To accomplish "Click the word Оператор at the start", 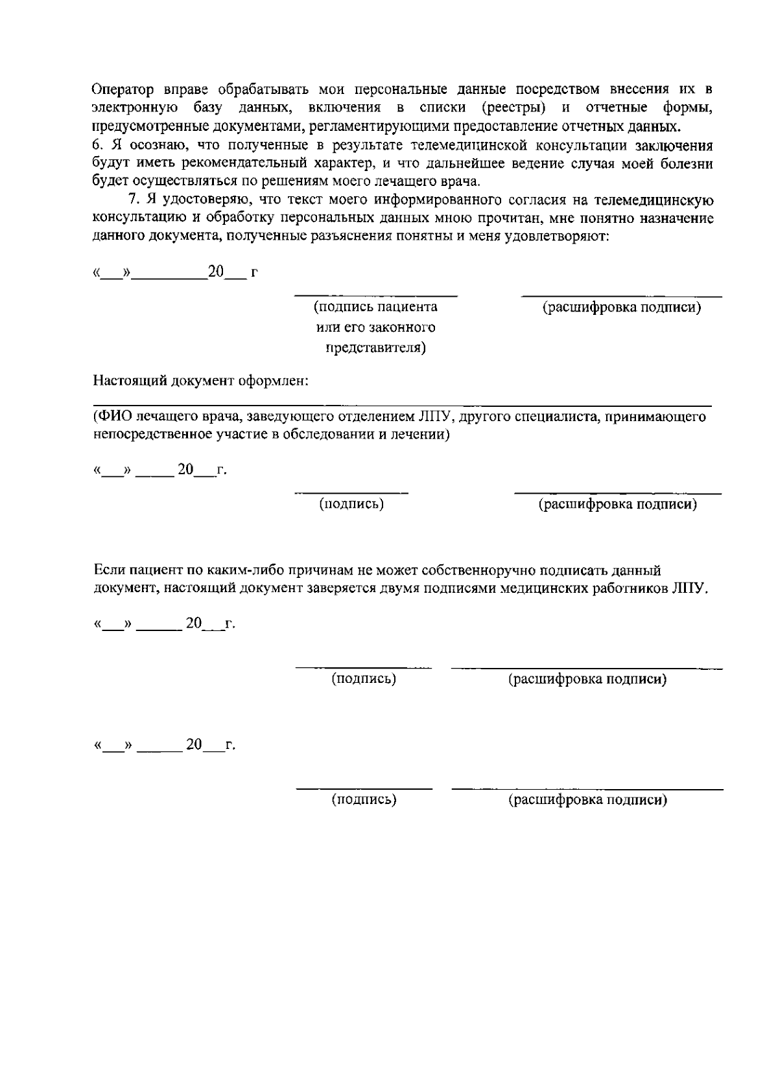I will coord(121,89).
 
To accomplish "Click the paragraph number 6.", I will coord(96,146).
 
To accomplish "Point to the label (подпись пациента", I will coord(375,307).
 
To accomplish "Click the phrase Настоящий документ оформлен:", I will coord(200,380).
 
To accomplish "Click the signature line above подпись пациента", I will coord(376,295).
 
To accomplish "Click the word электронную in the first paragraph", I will coord(136,107).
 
